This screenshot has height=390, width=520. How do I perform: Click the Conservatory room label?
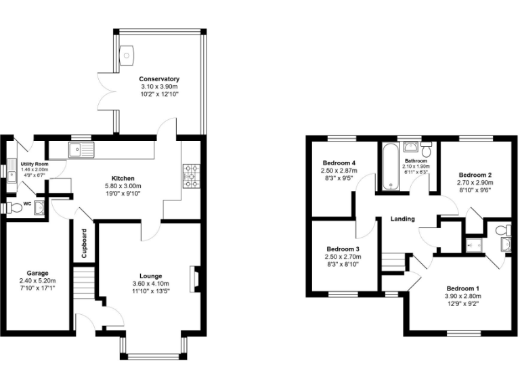159,79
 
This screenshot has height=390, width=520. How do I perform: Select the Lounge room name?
151,276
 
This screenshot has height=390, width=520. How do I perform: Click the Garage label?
37,273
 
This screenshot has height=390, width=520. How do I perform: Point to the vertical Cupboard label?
84,244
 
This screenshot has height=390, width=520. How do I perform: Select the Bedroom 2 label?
474,175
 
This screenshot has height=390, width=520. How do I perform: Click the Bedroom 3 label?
343,248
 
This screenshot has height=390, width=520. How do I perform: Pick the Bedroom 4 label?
339,163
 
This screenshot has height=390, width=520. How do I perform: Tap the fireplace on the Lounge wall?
196,278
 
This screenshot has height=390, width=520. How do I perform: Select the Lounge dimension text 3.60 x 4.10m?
151,284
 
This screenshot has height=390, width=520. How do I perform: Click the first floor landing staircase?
393,261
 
